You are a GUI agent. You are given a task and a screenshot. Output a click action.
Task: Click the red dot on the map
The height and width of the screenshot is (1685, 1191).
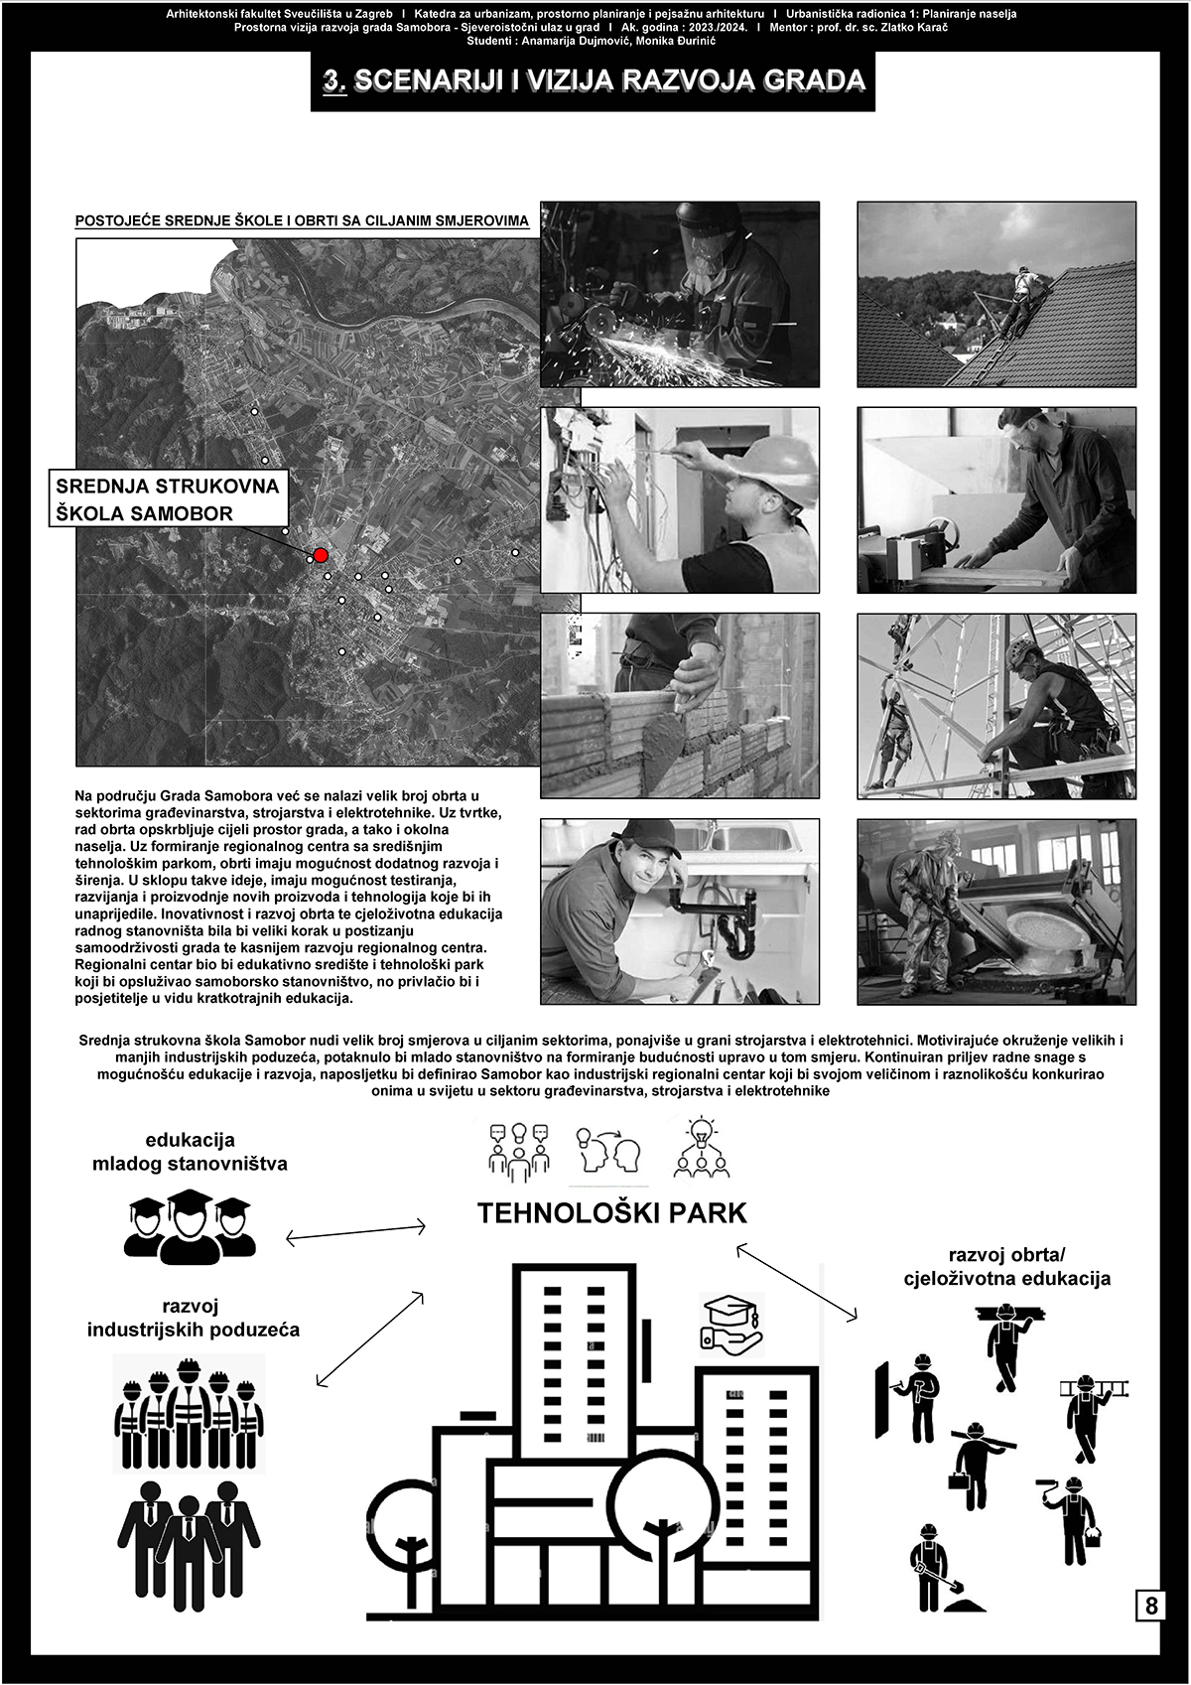click(x=320, y=555)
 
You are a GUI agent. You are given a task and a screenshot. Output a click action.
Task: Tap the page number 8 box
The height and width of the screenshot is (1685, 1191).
click(x=1151, y=1606)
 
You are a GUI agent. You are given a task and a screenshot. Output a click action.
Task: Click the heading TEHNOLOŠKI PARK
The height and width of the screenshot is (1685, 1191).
click(x=611, y=1213)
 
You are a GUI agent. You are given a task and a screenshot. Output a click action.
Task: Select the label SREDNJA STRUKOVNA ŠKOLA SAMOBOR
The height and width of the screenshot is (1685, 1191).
click(x=168, y=499)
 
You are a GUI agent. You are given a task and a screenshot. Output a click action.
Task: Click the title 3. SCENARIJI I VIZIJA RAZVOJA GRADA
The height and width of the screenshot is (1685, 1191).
click(x=594, y=81)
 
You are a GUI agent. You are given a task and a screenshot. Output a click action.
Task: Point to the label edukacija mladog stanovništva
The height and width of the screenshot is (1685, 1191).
click(x=190, y=1151)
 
